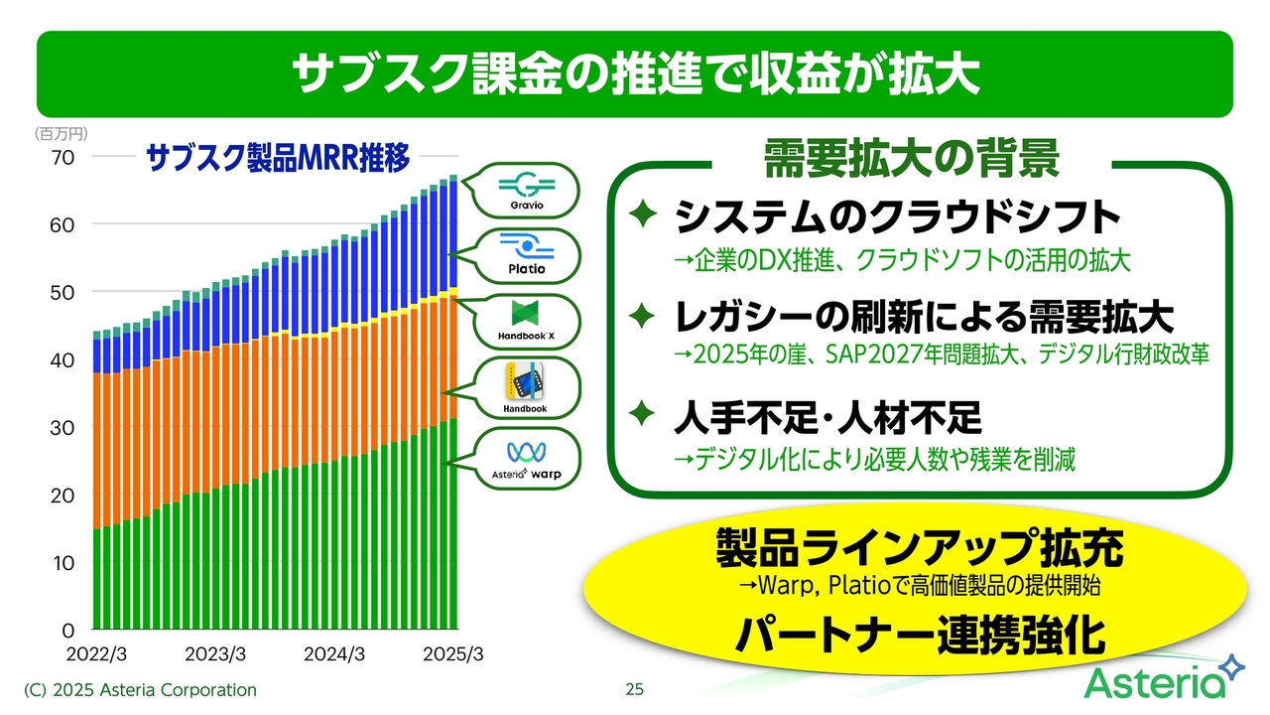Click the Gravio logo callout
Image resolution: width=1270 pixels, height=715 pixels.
[x=525, y=191]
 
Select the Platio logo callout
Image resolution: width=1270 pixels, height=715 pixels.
[x=525, y=256]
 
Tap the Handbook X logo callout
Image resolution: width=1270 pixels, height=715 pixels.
[x=525, y=321]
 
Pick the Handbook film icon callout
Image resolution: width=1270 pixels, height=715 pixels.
[x=525, y=388]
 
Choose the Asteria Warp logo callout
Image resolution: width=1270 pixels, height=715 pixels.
[x=525, y=459]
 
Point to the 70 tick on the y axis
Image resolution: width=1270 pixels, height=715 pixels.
[x=63, y=158]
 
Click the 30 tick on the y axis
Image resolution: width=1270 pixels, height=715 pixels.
[x=63, y=428]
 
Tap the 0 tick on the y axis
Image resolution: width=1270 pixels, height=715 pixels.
[x=68, y=630]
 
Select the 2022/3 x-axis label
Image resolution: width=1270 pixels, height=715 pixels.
[x=96, y=654]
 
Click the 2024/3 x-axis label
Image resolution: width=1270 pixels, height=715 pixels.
[x=334, y=654]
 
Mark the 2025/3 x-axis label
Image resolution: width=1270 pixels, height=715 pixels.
[x=453, y=654]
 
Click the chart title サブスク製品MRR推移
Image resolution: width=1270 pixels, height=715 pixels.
[x=278, y=157]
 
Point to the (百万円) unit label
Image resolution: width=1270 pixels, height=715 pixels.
[x=62, y=134]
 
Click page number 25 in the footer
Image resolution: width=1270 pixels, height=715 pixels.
[x=634, y=689]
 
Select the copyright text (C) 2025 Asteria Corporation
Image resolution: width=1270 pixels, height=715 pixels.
[x=140, y=690]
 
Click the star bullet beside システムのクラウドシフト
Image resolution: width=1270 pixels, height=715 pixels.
[x=643, y=214]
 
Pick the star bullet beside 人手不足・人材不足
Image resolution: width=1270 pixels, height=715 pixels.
[x=643, y=413]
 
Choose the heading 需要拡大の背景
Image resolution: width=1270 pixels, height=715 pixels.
[x=912, y=158]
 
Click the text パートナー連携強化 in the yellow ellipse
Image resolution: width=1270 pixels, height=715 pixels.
[x=920, y=637]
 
